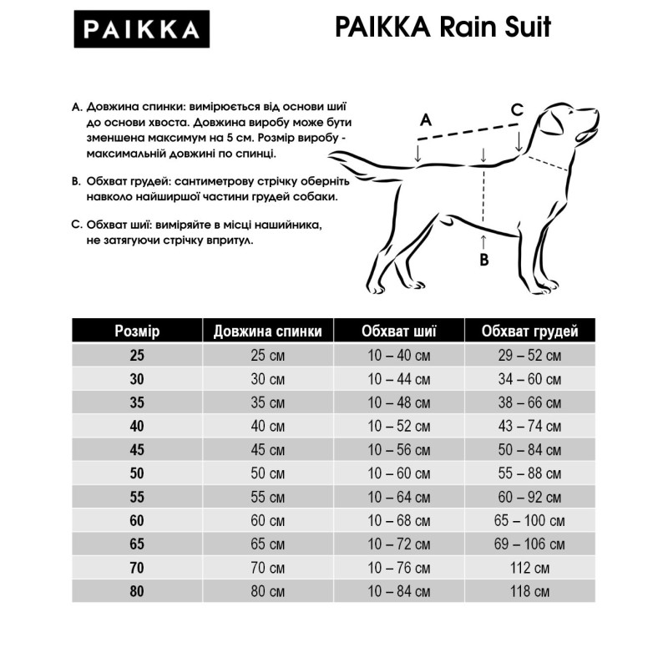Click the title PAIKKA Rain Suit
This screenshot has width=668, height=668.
pos(443,28)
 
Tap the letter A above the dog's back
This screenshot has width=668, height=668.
pos(425,119)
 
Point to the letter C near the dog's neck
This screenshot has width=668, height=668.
pos(517,109)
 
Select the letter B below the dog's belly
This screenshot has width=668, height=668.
pos(483,260)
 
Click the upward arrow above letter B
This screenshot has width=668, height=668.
pos(483,241)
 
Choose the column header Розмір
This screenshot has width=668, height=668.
pos(137,331)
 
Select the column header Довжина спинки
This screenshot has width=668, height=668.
pos(267,331)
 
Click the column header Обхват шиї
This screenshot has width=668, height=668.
pos(399,331)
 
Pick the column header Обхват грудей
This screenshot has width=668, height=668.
pos(529,331)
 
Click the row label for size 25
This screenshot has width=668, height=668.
pos(137,355)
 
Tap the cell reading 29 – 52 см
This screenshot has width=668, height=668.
pos(529,355)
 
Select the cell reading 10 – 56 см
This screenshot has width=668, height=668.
pos(399,450)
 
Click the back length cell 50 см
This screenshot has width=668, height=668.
pos(267,473)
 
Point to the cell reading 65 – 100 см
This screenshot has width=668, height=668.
pos(529,521)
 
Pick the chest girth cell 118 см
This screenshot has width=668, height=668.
pos(529,592)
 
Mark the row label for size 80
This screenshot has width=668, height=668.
pos(137,592)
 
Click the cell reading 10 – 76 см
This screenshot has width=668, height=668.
pos(399,569)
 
